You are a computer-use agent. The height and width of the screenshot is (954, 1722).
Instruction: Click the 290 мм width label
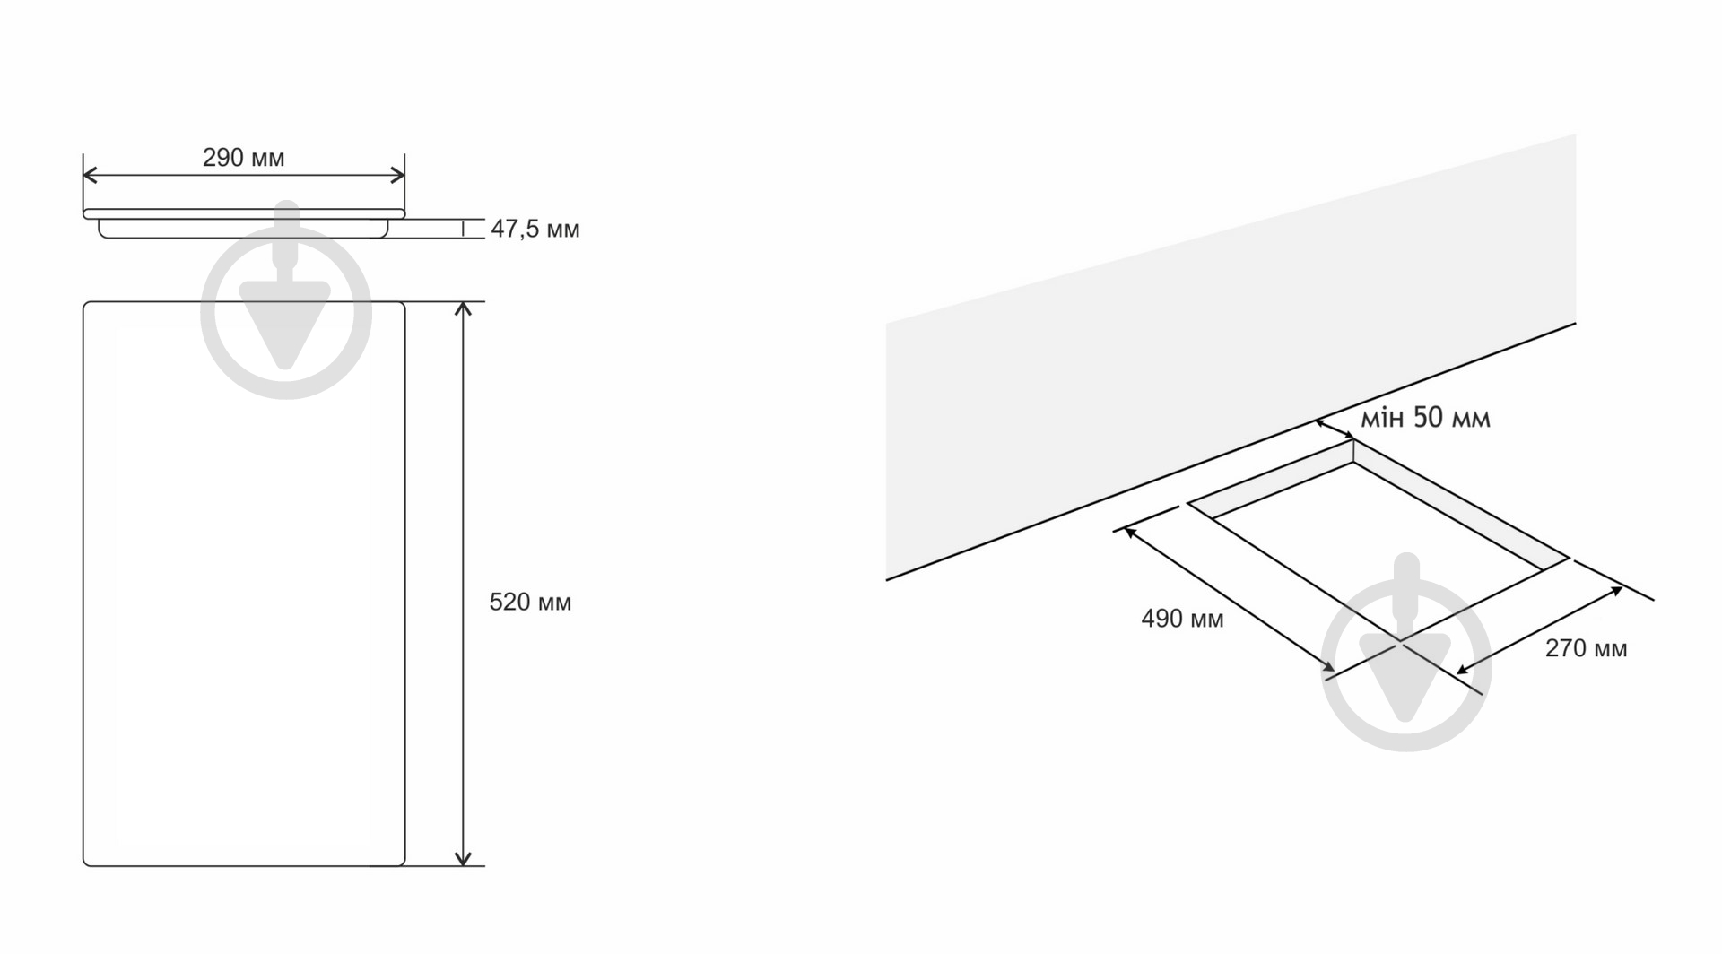coord(243,158)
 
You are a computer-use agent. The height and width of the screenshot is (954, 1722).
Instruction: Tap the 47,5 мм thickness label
coord(535,230)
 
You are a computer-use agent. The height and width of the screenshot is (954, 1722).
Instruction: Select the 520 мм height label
coord(530,602)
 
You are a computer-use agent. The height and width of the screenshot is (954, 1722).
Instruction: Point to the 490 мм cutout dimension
coord(1182,619)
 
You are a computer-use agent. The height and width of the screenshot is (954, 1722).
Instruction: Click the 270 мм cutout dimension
coord(1586,648)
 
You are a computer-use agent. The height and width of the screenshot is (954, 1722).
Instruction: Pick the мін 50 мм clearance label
coord(1426,418)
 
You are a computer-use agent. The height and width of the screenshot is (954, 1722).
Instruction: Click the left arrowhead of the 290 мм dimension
coord(89,176)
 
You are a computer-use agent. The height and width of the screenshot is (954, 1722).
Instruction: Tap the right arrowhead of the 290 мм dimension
coord(398,176)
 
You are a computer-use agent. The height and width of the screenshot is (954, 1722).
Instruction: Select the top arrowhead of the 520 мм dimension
coord(463,309)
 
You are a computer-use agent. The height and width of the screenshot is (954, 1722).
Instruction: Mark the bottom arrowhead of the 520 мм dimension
coord(463,858)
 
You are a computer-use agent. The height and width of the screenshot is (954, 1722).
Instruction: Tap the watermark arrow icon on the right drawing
coord(1406,652)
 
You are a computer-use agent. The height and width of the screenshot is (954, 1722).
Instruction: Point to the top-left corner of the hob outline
coord(83,302)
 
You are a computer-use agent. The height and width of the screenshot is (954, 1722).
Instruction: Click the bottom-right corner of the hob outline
coord(404,865)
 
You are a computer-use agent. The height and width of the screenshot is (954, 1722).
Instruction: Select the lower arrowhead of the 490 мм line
coord(1328,665)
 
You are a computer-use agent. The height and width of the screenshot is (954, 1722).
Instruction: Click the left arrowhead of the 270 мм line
coord(1463,669)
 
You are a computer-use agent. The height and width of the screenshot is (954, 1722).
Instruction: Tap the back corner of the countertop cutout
coord(1353,439)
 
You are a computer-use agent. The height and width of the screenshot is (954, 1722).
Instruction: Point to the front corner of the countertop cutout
coord(1401,641)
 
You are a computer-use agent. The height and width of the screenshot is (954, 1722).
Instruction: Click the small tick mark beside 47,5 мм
coord(463,229)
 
